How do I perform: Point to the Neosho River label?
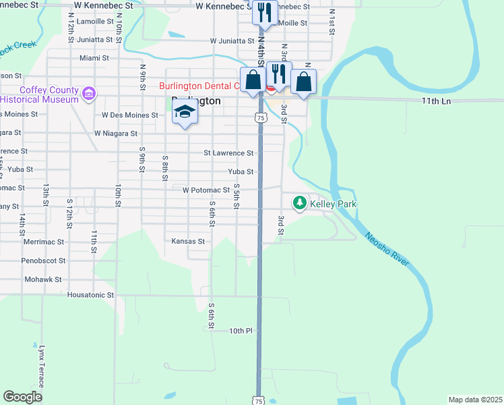[x=387, y=249]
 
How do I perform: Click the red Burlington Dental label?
[x=200, y=86]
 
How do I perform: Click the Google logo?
[x=23, y=396]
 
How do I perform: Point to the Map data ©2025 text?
[x=475, y=400]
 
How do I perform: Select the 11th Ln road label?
[x=435, y=101]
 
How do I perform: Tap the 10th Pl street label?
[x=240, y=331]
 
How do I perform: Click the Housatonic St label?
[x=91, y=295]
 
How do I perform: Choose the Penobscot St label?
[x=43, y=260]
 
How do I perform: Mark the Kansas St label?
[x=188, y=241]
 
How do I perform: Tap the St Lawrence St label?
[x=228, y=153]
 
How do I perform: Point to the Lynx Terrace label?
[x=41, y=367]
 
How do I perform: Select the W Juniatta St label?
[x=231, y=40]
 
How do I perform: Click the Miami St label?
[x=94, y=59]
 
